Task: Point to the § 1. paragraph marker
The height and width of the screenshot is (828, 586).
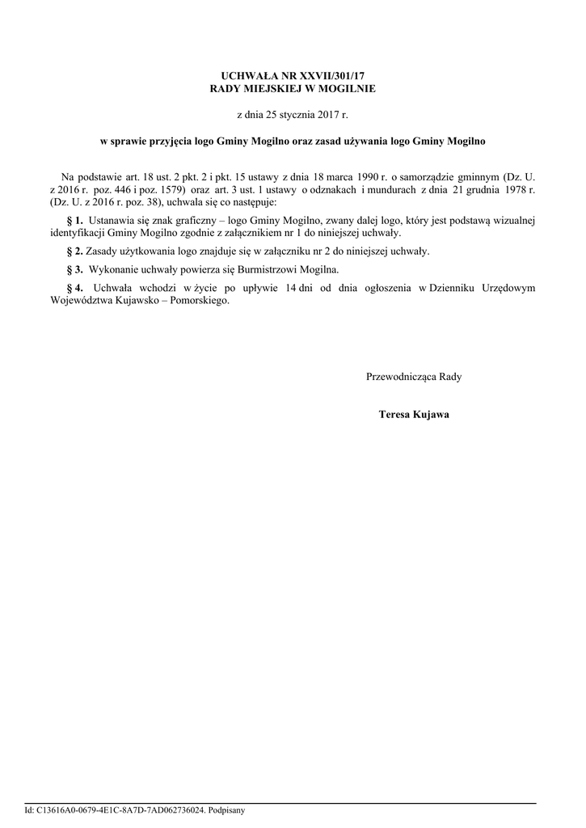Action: tap(74, 220)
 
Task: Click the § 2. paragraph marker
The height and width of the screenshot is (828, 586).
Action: tap(74, 251)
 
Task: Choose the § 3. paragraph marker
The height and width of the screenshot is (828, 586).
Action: tap(74, 269)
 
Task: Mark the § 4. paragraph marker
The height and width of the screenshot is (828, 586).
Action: tap(74, 288)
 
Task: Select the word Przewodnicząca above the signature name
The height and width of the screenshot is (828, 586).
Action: tap(400, 377)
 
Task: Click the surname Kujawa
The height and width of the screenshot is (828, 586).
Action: tap(431, 415)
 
